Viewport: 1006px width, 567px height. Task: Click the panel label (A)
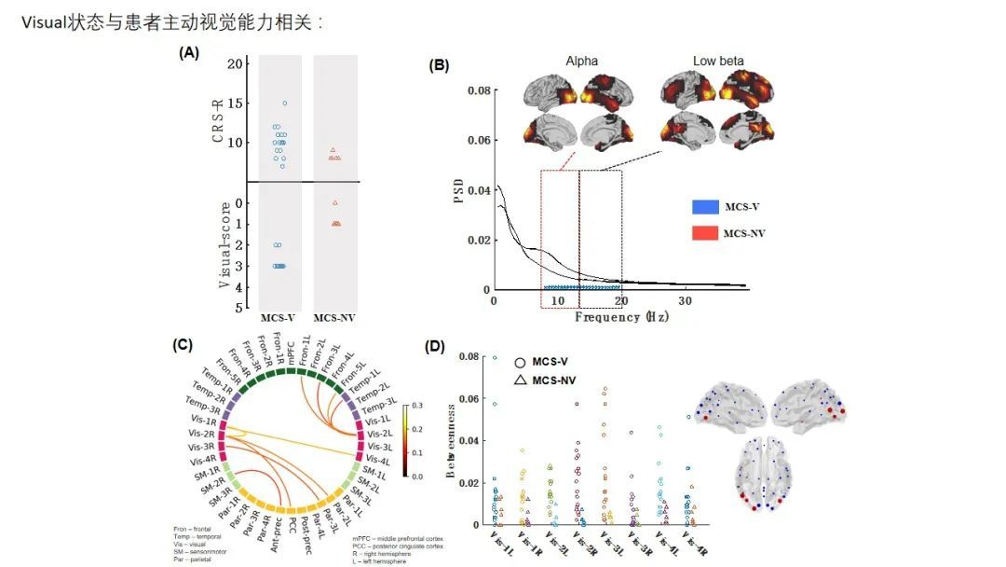189,53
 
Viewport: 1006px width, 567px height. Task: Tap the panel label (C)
184,344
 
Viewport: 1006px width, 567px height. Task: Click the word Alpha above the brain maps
582,62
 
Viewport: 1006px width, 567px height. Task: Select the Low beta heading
718,62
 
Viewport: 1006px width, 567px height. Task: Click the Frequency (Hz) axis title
621,317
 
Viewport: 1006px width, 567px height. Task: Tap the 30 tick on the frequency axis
685,302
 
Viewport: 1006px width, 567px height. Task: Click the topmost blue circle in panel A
284,104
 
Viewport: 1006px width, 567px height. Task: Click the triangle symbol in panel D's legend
520,380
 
